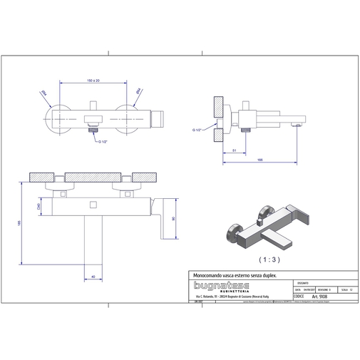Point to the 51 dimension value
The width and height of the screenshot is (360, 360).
coord(234,151)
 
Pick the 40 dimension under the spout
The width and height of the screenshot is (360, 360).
coord(93,277)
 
